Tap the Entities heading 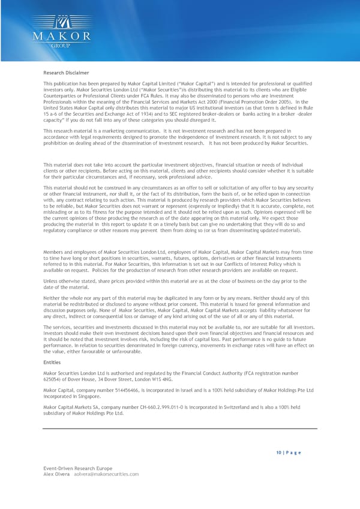52,362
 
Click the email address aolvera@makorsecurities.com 107,474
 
